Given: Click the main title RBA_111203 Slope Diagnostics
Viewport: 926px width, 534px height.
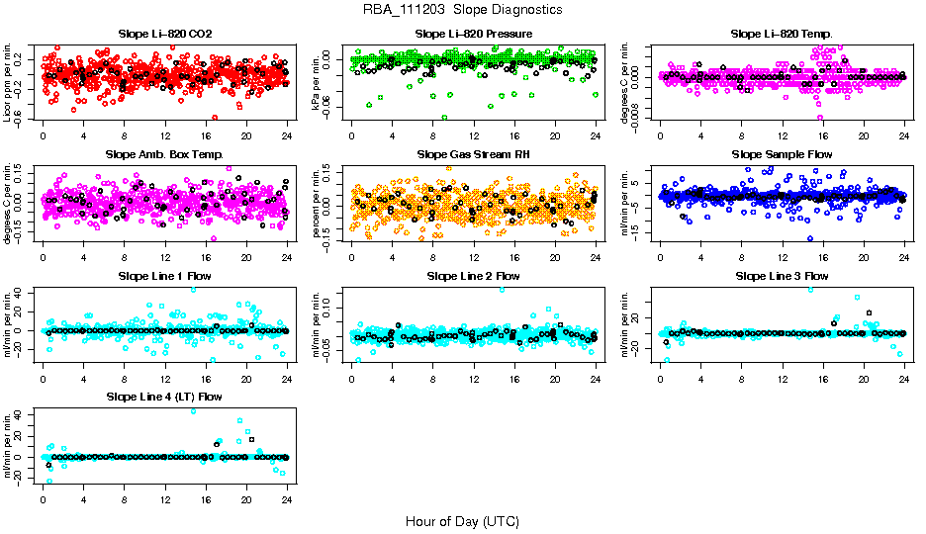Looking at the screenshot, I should pos(462,9).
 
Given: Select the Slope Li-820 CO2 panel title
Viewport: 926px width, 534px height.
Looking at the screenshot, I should pos(164,34).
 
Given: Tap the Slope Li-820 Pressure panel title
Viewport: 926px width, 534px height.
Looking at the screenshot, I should pos(474,34).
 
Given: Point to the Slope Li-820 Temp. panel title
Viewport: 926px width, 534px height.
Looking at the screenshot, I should pos(782,34).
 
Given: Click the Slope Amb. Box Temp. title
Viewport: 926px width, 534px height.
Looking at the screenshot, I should pos(164,154).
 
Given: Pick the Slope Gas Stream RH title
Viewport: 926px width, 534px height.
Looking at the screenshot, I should pos(474,154).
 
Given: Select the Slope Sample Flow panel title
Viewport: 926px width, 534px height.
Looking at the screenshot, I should pos(782,154).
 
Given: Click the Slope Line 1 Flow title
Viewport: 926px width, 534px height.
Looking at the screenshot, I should pos(164,276).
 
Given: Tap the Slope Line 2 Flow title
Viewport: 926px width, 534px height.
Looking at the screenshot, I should pos(474,276).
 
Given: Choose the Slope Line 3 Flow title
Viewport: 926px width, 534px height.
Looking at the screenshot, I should pos(782,276).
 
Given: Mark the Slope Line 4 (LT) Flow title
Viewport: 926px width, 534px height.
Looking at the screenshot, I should pos(164,397).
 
